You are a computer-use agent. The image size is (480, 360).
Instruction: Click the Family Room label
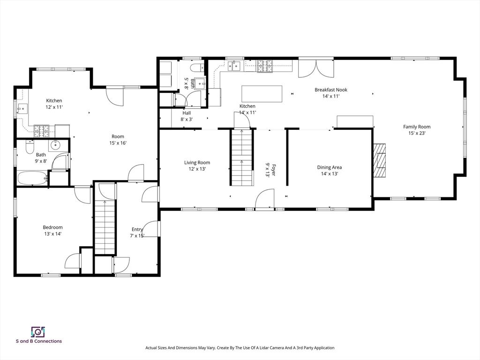coord(417,127)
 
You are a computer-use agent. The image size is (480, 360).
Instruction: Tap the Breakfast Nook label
coord(331,90)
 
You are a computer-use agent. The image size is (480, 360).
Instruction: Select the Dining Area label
coord(330,167)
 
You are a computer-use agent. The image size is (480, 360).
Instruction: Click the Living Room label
coord(197,163)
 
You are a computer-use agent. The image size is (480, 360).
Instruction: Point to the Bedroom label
coord(52,227)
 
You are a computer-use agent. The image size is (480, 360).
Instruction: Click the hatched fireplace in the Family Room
coord(379,160)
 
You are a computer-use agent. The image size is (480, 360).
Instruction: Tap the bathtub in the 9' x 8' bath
coord(32,178)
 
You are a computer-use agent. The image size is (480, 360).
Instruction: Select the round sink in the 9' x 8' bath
coord(55,145)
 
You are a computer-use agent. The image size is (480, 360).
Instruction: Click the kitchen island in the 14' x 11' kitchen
coord(262,94)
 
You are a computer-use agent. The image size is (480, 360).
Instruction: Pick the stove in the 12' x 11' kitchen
coord(41,131)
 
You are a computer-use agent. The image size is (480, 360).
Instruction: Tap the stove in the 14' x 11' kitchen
coord(264,66)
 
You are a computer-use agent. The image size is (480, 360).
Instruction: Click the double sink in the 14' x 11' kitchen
coord(235,66)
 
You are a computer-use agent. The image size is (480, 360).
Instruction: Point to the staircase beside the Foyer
coord(242,157)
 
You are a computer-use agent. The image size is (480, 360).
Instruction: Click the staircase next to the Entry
coord(105,227)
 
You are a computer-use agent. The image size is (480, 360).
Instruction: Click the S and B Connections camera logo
coord(38,331)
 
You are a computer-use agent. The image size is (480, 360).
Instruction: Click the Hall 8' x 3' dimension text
coord(187,120)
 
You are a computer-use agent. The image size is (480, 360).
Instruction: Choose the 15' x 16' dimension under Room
coord(118,143)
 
